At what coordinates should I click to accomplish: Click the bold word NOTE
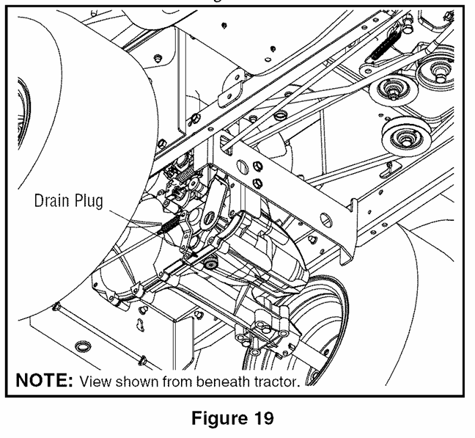(44, 380)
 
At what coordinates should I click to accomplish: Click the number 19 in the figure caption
(261, 418)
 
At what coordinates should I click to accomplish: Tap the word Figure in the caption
(218, 419)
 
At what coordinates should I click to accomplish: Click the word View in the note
(95, 381)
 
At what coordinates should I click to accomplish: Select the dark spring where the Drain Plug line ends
(168, 225)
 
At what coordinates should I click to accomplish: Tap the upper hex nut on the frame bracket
(257, 167)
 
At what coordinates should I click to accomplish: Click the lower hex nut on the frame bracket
(257, 183)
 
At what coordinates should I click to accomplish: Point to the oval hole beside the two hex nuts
(242, 167)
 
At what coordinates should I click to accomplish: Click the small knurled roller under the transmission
(210, 263)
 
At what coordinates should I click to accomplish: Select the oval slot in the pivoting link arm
(208, 218)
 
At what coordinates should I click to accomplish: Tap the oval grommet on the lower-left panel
(83, 346)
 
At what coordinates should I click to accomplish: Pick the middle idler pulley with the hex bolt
(393, 91)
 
